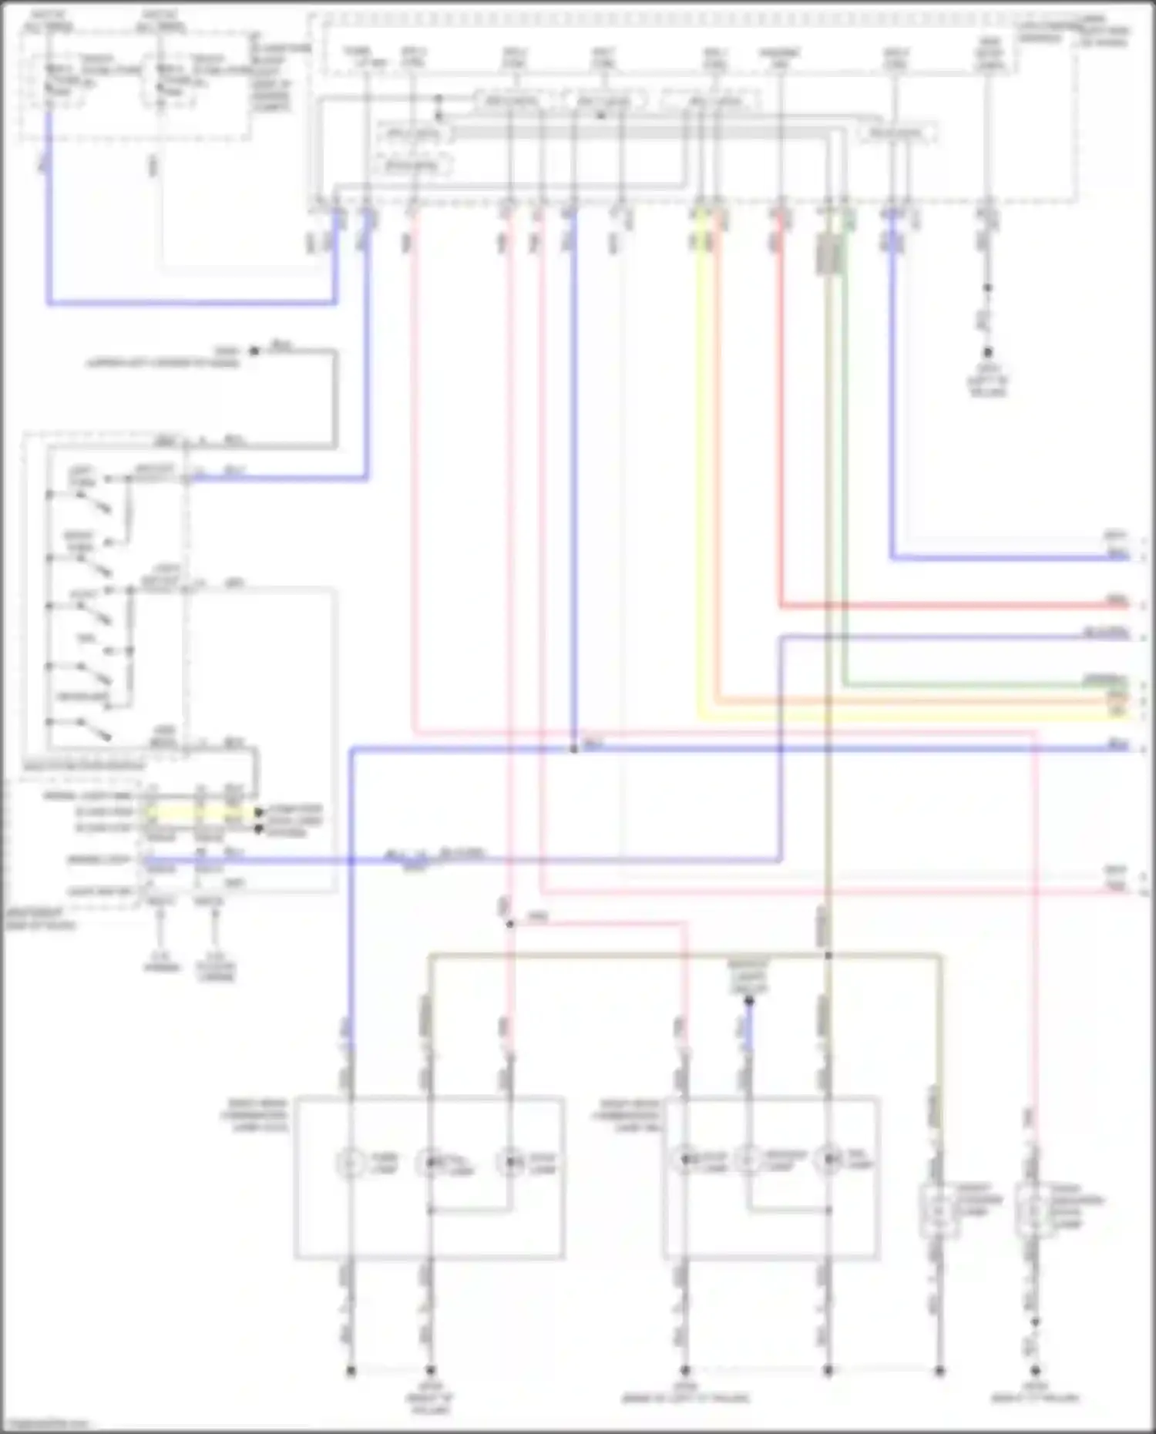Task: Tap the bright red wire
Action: (x=780, y=424)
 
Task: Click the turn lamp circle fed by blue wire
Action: (x=351, y=1163)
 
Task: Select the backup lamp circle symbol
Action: (x=748, y=1159)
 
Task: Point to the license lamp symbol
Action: (x=939, y=1211)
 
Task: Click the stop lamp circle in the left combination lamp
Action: (x=509, y=1163)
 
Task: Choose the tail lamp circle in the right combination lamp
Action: (x=828, y=1159)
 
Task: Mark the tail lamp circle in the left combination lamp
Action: (x=430, y=1163)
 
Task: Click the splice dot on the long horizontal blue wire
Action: (x=573, y=749)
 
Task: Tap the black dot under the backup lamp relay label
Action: (x=748, y=1001)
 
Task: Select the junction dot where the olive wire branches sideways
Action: (x=828, y=956)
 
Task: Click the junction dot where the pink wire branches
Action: (x=509, y=923)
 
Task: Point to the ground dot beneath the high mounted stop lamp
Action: (x=1035, y=1371)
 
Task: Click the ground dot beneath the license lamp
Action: (x=939, y=1371)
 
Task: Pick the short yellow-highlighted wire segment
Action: (x=200, y=812)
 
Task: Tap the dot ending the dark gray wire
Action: (x=254, y=351)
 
